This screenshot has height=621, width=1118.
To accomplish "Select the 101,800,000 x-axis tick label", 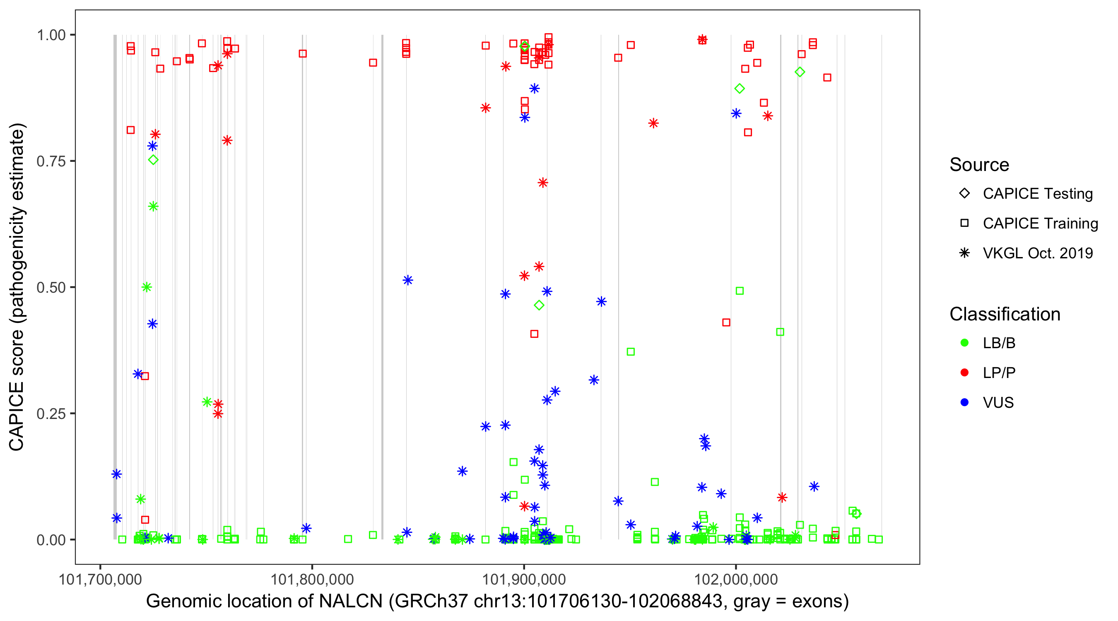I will coord(312,579).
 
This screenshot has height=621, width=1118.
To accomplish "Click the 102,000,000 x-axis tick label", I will coord(736,579).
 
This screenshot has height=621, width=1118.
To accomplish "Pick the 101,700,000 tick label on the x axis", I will coord(100,579).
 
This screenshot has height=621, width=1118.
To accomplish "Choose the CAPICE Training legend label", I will coord(1040,224).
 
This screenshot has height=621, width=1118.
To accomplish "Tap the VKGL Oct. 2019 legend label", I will coord(1037,253).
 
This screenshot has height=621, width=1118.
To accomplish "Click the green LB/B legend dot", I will coord(964,343).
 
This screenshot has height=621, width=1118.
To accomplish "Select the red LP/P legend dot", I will coord(964,373).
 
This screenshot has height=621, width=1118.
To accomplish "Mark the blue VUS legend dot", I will coord(964,402).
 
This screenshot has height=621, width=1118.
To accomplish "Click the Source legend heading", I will coord(979,165).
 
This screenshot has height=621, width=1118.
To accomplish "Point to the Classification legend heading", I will coord(1005,314).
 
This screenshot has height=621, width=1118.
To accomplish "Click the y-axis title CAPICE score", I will coord(17,286).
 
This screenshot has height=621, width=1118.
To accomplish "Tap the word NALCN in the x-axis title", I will coord(351,602).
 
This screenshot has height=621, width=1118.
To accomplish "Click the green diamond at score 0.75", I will coord(153,160).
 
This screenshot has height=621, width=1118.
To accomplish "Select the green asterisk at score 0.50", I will coord(147,287).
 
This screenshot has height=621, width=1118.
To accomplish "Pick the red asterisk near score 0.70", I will coord(542,183).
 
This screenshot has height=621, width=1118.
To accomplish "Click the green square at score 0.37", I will coord(631,351).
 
